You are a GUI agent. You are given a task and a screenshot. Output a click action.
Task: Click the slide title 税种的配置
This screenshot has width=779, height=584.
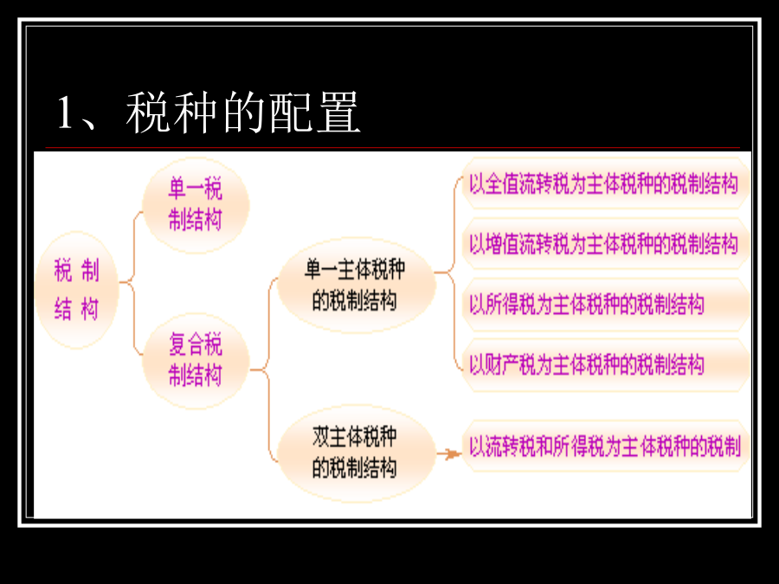(243, 112)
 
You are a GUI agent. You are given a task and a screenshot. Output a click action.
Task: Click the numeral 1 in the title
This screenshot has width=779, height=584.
(65, 112)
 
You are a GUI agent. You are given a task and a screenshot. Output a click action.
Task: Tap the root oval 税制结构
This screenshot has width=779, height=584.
(77, 290)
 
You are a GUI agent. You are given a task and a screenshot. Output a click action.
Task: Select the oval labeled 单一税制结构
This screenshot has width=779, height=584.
(196, 205)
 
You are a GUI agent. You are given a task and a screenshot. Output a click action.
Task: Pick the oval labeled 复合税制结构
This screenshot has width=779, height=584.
(196, 361)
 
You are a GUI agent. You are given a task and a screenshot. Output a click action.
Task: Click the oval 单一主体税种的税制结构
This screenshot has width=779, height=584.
(357, 285)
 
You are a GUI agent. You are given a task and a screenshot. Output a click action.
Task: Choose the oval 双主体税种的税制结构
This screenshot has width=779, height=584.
(357, 452)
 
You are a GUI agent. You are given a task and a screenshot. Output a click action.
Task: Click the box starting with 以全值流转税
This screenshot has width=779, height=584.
(606, 183)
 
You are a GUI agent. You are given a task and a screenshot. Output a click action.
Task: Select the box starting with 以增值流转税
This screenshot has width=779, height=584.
(606, 244)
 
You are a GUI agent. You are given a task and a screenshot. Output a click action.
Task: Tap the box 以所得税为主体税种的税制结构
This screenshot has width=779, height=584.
(606, 305)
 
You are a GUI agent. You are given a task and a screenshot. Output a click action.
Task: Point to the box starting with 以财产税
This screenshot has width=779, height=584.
(606, 365)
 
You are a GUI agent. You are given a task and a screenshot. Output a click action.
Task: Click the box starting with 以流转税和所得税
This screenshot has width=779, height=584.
(606, 446)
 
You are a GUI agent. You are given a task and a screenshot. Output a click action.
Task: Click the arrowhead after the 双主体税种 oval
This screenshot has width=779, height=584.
(453, 454)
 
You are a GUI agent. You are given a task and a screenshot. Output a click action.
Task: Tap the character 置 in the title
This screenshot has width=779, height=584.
(338, 112)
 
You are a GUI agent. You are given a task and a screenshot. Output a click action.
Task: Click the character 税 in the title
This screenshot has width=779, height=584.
(148, 112)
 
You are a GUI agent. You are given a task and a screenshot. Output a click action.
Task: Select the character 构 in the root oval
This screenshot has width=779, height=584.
(89, 309)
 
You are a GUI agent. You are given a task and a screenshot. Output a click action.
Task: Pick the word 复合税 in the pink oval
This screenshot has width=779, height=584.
(196, 344)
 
